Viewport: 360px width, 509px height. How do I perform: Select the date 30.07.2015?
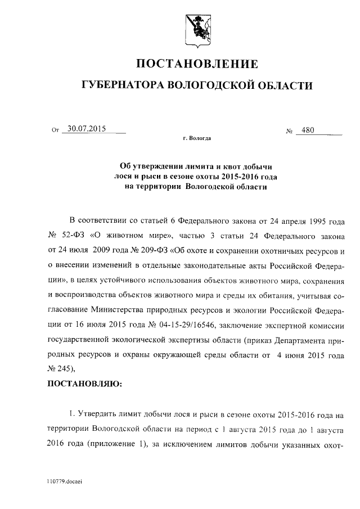[x=86, y=128]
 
